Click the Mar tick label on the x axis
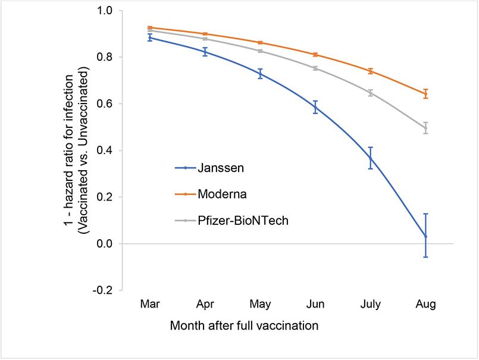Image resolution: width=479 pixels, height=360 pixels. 150,304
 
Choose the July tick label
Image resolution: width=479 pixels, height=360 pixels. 371,304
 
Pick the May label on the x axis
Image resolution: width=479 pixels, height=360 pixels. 260,304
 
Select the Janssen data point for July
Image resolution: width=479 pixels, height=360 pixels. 371,158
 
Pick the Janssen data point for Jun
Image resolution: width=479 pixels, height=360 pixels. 315,107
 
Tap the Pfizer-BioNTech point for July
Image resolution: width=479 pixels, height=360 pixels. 371,93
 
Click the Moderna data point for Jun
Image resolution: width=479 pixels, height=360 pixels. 315,54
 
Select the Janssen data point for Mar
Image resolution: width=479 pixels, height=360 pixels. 150,37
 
